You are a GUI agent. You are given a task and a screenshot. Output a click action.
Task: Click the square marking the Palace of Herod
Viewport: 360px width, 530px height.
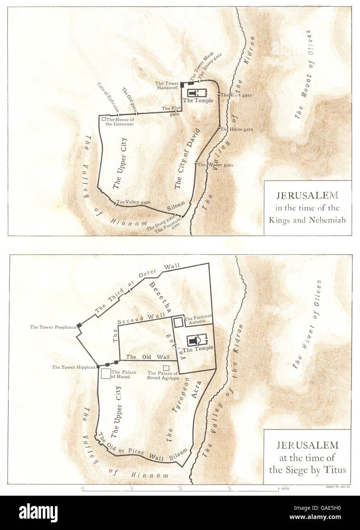pos(105,374)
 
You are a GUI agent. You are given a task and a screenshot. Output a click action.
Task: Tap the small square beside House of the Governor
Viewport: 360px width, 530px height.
pos(104,119)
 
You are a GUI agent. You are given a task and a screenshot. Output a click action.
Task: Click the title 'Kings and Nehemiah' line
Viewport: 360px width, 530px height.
pos(307,220)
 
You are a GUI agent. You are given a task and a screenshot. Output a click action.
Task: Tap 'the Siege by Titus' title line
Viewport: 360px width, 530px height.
pos(307,470)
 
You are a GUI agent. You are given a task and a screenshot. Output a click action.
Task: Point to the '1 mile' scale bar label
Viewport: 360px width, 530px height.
pos(284,488)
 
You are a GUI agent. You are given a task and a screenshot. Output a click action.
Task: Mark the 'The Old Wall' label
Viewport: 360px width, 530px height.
pos(148,357)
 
